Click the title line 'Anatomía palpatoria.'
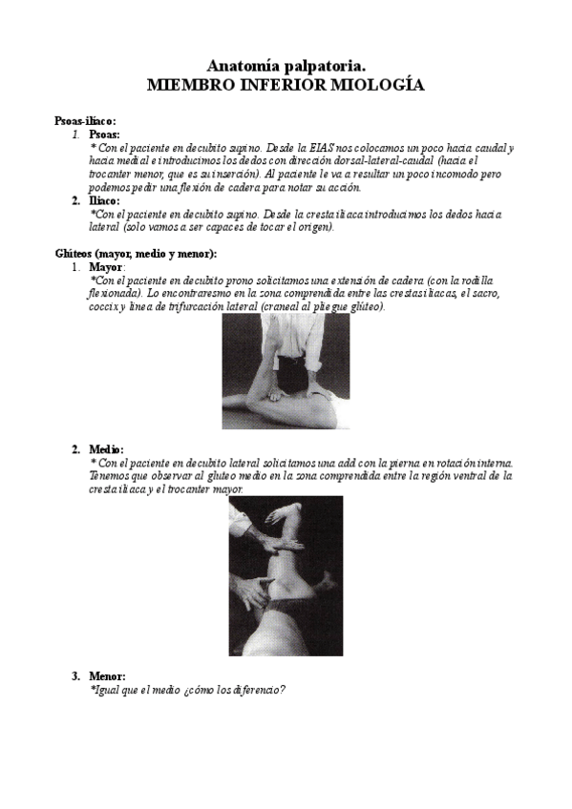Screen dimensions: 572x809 (x=286, y=67)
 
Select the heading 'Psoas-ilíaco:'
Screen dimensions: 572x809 (x=85, y=121)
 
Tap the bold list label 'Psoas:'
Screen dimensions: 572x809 (x=104, y=135)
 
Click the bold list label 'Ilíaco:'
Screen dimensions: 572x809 (x=104, y=200)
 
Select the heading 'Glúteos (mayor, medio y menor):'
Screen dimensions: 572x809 (x=136, y=254)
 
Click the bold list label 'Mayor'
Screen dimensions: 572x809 (x=106, y=267)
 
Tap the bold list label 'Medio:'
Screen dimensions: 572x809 (x=106, y=449)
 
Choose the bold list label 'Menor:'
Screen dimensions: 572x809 (x=107, y=675)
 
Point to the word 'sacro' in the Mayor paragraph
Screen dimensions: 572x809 (x=487, y=294)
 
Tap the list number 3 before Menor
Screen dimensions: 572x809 (x=75, y=675)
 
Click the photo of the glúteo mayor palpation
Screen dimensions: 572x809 (x=286, y=371)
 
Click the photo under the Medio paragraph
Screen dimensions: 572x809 (x=286, y=576)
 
